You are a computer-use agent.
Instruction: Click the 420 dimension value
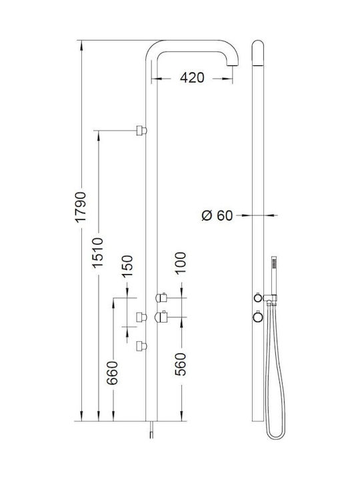click(x=192, y=78)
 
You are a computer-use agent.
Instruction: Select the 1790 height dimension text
click(x=81, y=207)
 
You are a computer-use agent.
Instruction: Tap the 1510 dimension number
click(x=98, y=253)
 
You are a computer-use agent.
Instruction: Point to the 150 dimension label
click(x=127, y=266)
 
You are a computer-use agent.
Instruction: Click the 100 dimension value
click(x=180, y=263)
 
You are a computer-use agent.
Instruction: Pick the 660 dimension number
click(x=112, y=373)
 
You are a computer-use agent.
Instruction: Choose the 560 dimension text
click(x=180, y=364)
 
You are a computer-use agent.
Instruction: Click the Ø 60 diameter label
click(x=217, y=215)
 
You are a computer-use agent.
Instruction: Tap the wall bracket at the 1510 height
click(x=142, y=131)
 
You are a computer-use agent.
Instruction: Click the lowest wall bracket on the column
click(x=142, y=347)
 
